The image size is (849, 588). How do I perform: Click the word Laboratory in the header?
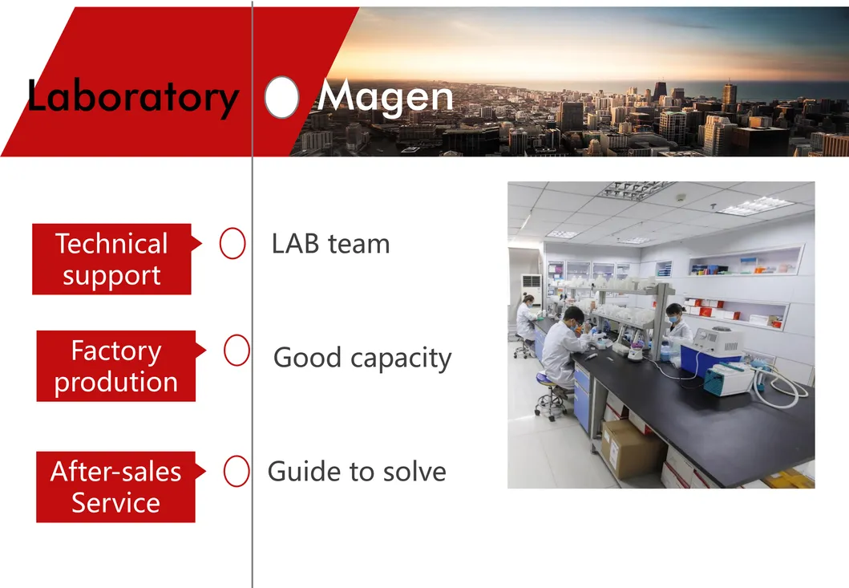(132, 97)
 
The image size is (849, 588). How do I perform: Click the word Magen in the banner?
(386, 98)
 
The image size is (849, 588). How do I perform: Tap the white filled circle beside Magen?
(281, 98)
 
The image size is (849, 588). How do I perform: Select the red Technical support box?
(111, 259)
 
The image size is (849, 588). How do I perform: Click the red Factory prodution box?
(115, 366)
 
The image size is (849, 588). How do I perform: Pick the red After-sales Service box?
(115, 487)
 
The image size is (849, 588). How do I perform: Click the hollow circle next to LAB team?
(232, 244)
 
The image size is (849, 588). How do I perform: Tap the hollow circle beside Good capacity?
(237, 351)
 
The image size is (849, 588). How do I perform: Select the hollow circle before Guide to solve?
(236, 472)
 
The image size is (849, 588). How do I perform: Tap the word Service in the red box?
(115, 503)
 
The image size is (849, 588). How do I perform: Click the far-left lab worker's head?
(528, 299)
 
